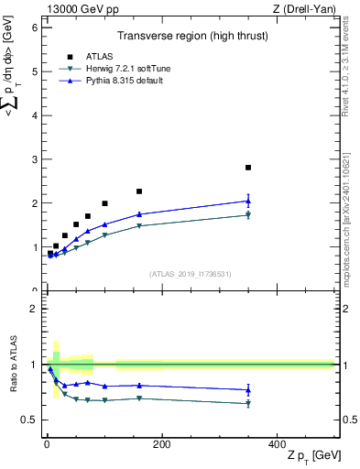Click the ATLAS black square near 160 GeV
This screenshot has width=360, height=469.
[x=139, y=191]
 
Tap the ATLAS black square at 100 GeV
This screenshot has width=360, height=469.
[x=104, y=203]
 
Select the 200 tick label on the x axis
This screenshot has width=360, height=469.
[x=161, y=444]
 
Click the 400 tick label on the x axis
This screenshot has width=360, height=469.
[x=277, y=444]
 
